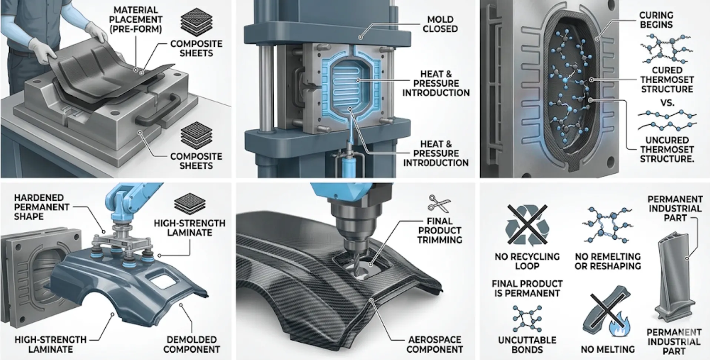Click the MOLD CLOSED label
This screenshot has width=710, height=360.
coord(440,24)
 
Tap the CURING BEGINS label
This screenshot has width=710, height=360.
coord(656,20)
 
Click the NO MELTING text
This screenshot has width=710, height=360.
coord(607,349)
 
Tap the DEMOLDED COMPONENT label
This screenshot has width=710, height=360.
coord(191,344)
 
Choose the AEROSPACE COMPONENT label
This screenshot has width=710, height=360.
coord(434,344)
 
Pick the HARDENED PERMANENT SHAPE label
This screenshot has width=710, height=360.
coord(42,207)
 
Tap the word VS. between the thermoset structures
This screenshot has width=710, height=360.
coord(667,103)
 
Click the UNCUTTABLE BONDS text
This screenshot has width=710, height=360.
coord(527,344)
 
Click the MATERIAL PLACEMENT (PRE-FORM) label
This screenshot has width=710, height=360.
coord(135,20)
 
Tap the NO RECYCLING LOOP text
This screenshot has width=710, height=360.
coord(527,261)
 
